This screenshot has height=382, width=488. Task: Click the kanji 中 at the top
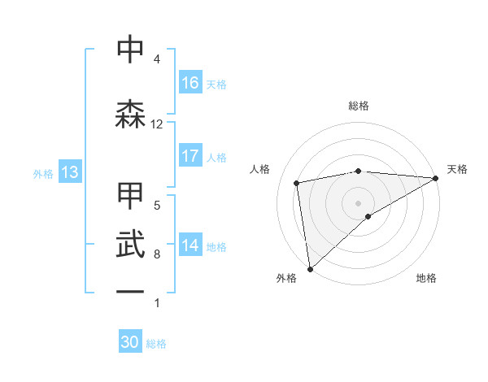131,50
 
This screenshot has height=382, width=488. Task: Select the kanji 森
131,115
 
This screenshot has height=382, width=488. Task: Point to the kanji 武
131,243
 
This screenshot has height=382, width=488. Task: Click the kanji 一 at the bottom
131,291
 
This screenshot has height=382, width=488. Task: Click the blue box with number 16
190,83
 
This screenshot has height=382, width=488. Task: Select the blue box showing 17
190,156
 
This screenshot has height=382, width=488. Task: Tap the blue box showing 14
190,245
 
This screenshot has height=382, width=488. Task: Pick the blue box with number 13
69,172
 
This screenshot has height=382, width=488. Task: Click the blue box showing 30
130,342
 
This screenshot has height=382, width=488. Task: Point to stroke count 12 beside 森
157,124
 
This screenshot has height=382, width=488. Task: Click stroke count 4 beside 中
156,59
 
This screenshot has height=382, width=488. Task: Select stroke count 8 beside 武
156,254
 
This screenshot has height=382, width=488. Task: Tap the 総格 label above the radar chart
359,106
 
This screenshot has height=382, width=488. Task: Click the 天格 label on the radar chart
457,169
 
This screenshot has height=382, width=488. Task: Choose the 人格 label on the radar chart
260,169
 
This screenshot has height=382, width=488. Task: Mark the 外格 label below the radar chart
286,278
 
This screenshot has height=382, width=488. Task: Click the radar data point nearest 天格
435,179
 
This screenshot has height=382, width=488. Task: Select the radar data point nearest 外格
309,268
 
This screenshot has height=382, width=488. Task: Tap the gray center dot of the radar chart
358,202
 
